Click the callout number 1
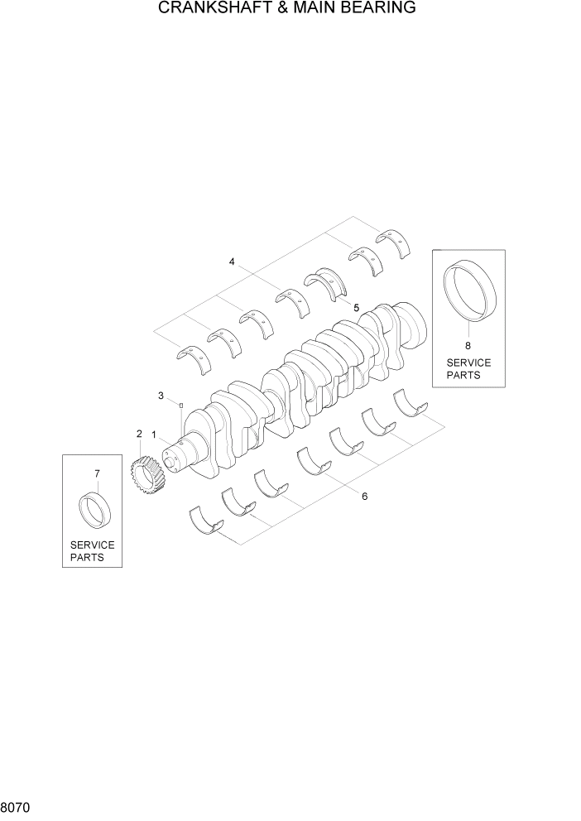[x=154, y=435]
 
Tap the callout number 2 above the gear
[x=139, y=434]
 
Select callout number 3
[x=161, y=396]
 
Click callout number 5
[x=357, y=307]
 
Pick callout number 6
[x=364, y=497]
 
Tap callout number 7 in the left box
[x=97, y=473]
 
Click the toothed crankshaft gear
[x=146, y=478]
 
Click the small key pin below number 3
[x=181, y=405]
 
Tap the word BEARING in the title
[x=378, y=9]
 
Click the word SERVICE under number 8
[x=468, y=362]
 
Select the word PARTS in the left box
[x=87, y=558]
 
